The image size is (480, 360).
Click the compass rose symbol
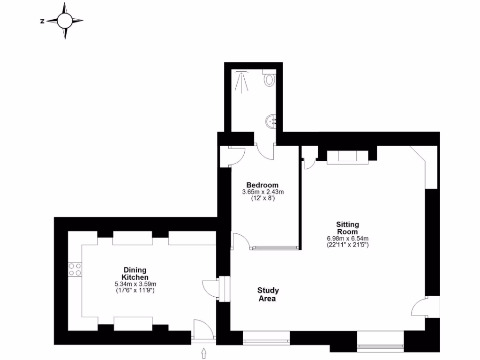65,21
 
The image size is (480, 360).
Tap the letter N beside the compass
42,21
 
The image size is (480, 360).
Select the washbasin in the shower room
271,121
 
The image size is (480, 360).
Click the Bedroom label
262,185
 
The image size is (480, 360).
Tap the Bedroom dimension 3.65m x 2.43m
262,192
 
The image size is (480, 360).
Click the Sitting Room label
347,228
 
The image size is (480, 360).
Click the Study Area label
268,294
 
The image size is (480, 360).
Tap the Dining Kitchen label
135,274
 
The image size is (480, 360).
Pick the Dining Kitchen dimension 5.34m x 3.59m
135,284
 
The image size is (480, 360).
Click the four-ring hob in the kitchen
75,269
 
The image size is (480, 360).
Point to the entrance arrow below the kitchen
204,353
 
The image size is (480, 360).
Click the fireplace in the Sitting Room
347,157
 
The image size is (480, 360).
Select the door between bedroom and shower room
266,151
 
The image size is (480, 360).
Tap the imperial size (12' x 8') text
262,199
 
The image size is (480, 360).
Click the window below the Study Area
266,337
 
